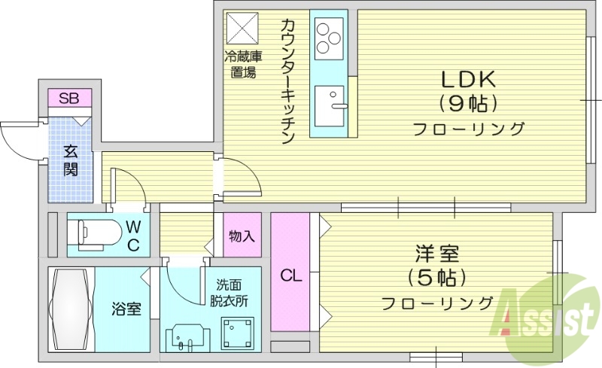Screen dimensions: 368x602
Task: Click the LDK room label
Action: pyautogui.click(x=467, y=79)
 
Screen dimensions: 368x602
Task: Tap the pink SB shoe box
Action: pyautogui.click(x=70, y=98)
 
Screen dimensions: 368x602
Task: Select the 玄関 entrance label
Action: pyautogui.click(x=70, y=160)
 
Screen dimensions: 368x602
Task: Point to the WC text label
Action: pyautogui.click(x=132, y=235)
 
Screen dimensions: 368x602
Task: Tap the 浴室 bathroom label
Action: pyautogui.click(x=126, y=309)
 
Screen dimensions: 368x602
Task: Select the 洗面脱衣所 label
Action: pyautogui.click(x=230, y=293)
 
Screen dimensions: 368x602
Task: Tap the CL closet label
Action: pyautogui.click(x=291, y=275)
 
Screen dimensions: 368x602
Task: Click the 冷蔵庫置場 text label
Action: pyautogui.click(x=242, y=64)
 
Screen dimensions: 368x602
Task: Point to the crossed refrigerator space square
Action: pyautogui.click(x=242, y=29)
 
